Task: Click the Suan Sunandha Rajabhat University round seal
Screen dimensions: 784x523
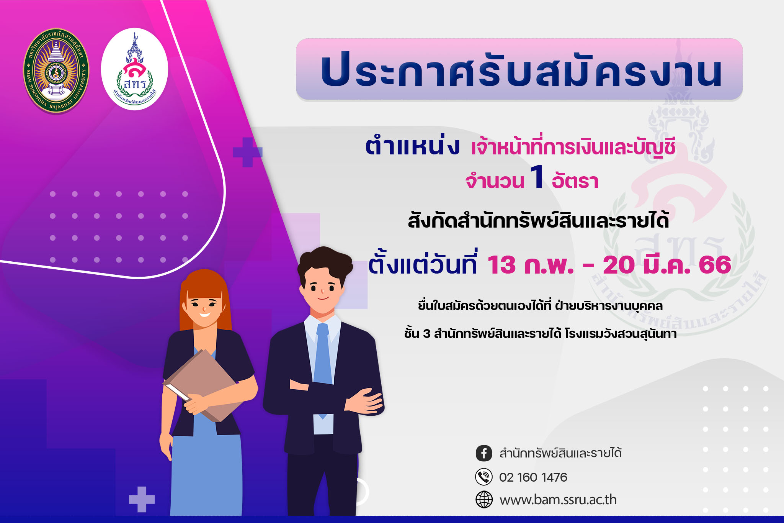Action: [56, 70]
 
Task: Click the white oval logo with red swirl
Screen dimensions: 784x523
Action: [134, 69]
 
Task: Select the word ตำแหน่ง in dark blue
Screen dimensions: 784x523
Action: [412, 146]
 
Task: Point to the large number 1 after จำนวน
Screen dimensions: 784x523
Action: [537, 177]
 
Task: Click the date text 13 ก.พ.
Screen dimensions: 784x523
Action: [530, 264]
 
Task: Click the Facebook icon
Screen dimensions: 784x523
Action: [484, 453]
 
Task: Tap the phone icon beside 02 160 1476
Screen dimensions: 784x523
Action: [484, 477]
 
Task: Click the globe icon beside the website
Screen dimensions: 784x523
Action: [484, 500]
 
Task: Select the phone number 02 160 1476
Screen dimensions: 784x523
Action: [533, 477]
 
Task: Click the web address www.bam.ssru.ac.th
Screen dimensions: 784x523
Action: [558, 500]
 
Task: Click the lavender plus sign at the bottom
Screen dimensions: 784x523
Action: [142, 499]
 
